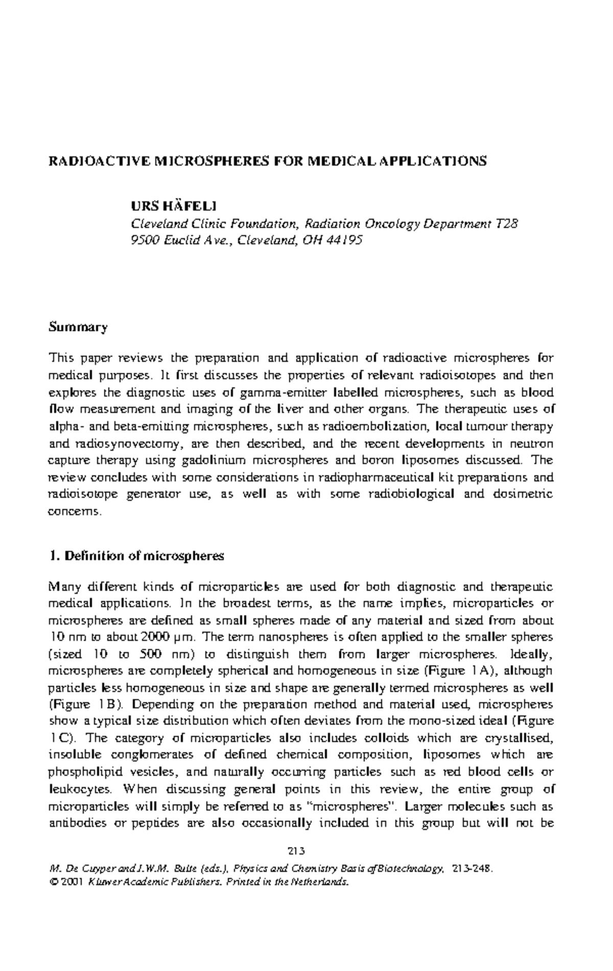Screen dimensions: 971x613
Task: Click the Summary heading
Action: (x=78, y=327)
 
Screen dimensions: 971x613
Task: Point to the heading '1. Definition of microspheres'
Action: (x=136, y=556)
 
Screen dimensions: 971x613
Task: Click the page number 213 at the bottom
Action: (x=296, y=851)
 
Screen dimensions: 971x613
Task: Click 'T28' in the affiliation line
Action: (x=507, y=224)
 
